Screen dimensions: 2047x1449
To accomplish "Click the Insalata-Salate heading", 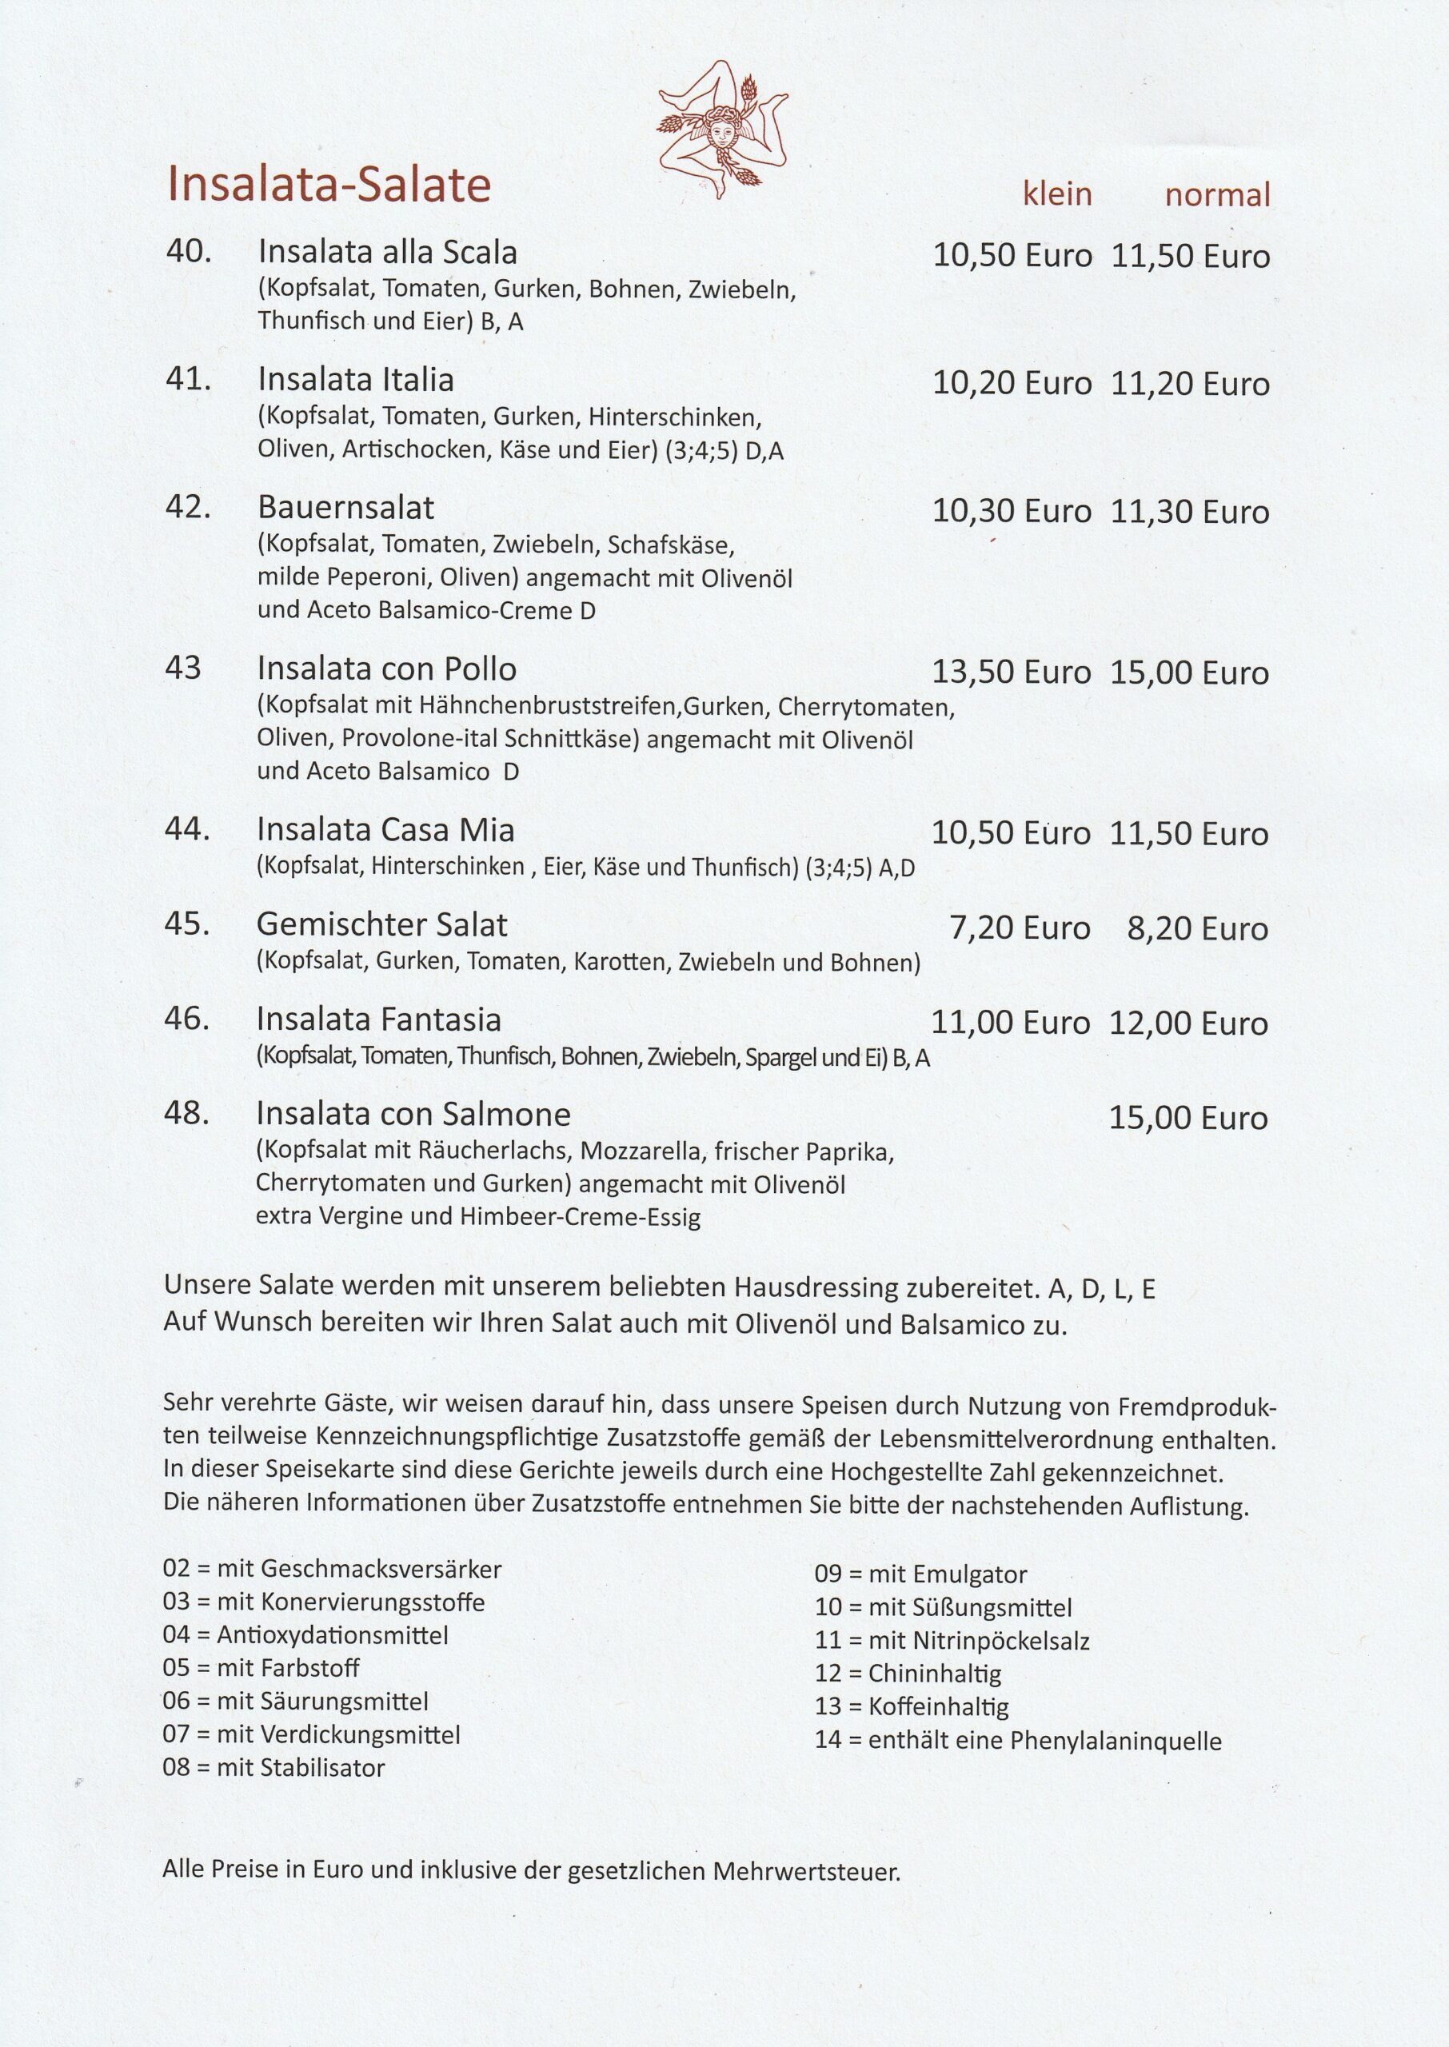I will (329, 187).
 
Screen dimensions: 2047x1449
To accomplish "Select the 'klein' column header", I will (1057, 194).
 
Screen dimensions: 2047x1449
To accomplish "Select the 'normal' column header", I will (1217, 194).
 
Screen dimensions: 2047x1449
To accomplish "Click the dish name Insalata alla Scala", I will (387, 253).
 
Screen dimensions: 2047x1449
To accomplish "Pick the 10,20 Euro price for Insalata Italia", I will (1012, 384).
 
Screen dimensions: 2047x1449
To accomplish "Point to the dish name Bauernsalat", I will (345, 508).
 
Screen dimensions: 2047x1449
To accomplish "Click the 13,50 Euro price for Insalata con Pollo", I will (1011, 672).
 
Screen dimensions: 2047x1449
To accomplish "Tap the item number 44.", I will (187, 829).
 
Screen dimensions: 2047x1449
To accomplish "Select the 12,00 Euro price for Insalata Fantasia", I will (1188, 1023).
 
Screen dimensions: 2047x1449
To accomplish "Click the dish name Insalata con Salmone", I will (413, 1114).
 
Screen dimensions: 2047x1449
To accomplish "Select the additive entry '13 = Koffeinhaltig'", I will (911, 1707).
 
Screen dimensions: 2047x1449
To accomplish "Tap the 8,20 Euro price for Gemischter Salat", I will (1197, 928).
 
